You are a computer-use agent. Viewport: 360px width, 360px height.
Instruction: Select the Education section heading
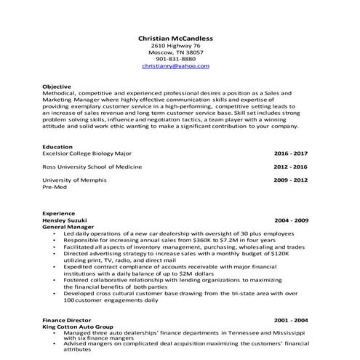click(x=57, y=147)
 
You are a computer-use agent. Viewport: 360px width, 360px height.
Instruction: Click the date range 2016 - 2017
click(x=291, y=153)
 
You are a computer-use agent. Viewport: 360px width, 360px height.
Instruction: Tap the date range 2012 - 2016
click(x=291, y=167)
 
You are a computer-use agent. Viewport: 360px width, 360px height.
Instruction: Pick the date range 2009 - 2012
click(x=291, y=180)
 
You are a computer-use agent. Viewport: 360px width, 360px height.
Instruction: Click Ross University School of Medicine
click(x=90, y=167)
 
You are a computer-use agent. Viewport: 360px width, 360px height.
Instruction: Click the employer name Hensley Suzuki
click(x=65, y=220)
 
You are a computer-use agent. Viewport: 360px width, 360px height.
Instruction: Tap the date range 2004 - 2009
click(x=291, y=220)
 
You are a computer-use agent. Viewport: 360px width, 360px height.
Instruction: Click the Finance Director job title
click(x=66, y=319)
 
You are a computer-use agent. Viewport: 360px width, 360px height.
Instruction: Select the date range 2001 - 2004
click(x=291, y=319)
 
